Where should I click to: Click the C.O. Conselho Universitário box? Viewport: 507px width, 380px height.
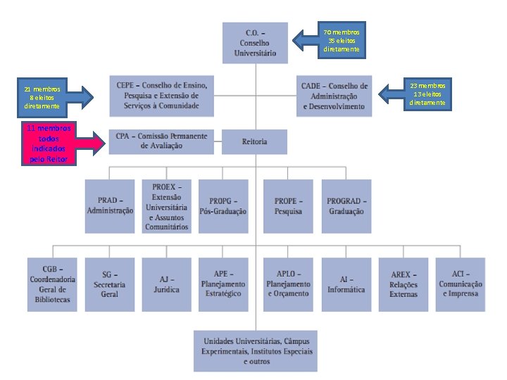coord(255,42)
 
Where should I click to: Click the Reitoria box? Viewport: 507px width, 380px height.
coord(255,141)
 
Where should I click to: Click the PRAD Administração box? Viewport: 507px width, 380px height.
coord(110,206)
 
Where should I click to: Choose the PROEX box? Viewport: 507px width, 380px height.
coord(166,206)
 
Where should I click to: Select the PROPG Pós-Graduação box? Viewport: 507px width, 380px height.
coord(223,206)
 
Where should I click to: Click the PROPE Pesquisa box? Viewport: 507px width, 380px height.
coord(288,206)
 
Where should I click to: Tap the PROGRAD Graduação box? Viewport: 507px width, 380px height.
coord(346,206)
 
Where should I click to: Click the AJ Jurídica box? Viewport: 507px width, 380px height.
coord(166,284)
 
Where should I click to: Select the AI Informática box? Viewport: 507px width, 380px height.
coord(346,284)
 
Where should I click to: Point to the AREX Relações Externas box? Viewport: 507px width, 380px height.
coord(403,284)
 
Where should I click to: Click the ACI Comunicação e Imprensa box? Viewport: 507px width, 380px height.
coord(461,284)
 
